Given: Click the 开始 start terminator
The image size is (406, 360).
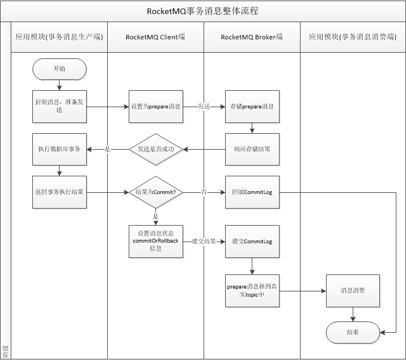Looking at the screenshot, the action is [60, 69].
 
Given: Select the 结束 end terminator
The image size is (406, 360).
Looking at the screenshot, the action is [353, 332].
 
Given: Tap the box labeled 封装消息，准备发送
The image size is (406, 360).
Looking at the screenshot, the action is [60, 107].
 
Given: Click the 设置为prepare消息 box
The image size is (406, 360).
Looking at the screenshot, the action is [156, 107].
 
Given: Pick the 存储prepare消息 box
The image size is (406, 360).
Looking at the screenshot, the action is [252, 107].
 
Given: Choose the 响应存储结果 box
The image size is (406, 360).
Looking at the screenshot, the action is [252, 149].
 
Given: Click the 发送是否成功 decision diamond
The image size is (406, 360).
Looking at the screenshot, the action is [156, 149].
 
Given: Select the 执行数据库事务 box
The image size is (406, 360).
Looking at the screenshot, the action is [60, 149].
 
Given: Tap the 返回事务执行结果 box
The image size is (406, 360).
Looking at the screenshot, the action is [60, 192].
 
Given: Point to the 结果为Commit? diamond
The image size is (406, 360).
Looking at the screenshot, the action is [156, 192].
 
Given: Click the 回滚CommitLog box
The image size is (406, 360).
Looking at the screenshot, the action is [252, 192].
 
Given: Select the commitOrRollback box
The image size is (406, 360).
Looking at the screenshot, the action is [156, 241].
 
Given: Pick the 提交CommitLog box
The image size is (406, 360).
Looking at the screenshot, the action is [252, 241].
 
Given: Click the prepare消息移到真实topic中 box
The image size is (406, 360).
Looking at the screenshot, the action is [252, 291].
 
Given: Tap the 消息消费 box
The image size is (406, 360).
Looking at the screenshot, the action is [353, 291].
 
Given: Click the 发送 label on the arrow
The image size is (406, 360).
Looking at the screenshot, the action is [204, 107].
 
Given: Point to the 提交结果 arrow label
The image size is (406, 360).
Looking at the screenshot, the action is [204, 242].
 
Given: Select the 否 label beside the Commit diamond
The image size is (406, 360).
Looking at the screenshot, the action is [204, 192].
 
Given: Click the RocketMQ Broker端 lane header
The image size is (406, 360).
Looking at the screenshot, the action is [252, 37].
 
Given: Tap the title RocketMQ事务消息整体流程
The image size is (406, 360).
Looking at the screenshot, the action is [203, 11].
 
